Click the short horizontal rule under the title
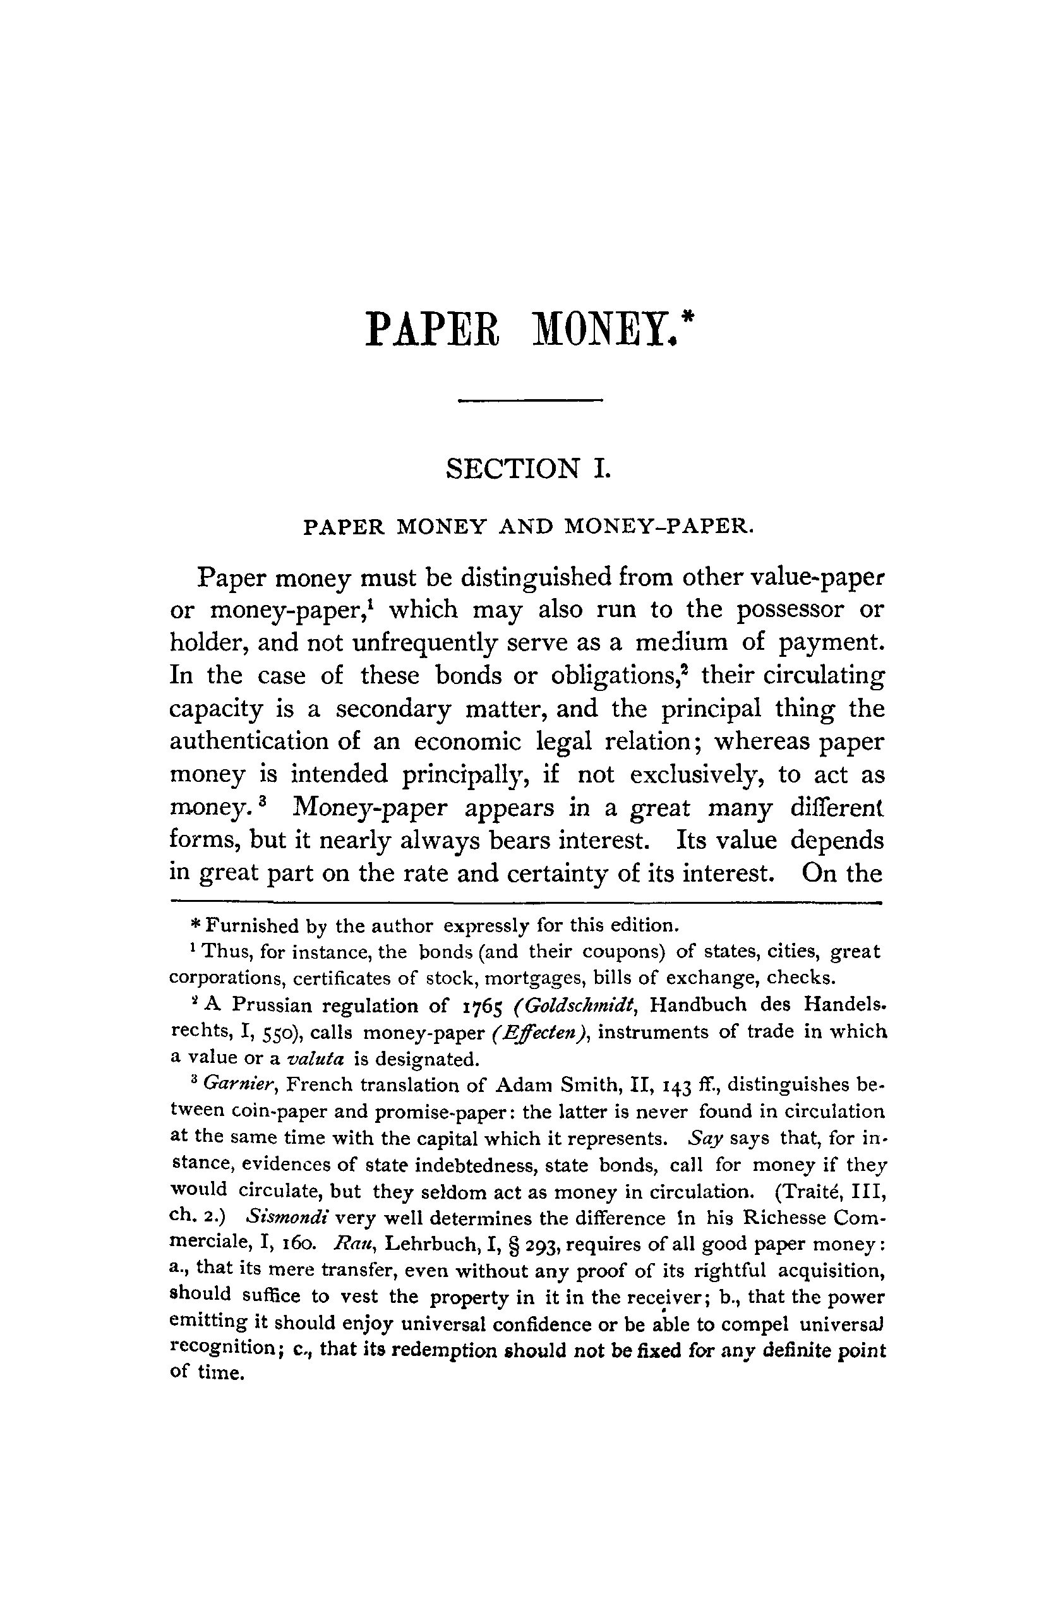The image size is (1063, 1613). click(x=530, y=401)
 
